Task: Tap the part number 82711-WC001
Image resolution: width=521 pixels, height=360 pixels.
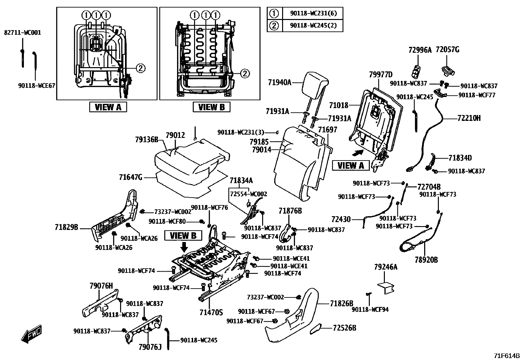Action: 23,33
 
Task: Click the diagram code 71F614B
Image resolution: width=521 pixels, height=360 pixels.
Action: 507,356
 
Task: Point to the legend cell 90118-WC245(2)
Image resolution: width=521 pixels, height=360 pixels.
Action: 313,26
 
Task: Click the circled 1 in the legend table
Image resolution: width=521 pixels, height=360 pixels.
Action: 274,13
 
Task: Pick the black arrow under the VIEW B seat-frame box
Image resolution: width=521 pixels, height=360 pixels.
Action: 184,247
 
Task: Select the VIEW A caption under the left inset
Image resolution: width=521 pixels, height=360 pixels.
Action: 108,107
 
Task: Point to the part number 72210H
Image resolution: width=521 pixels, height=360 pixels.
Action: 469,118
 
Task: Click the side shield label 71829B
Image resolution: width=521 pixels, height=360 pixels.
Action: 66,227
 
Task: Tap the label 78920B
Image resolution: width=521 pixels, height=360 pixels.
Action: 426,260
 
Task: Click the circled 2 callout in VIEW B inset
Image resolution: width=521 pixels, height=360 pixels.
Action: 244,73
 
